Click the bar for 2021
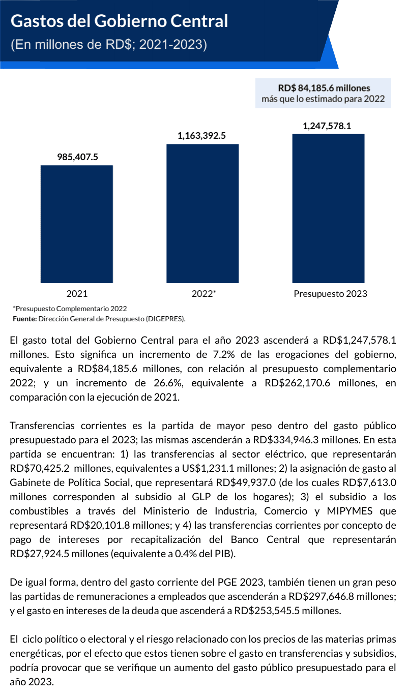pyautogui.click(x=77, y=224)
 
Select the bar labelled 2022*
pyautogui.click(x=202, y=214)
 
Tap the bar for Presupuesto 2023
pyautogui.click(x=328, y=208)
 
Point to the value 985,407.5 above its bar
pyautogui.click(x=77, y=157)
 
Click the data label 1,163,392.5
pyautogui.click(x=201, y=136)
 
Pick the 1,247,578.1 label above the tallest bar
pyautogui.click(x=327, y=126)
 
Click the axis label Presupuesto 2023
pyautogui.click(x=330, y=293)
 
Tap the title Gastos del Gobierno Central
pyautogui.click(x=120, y=21)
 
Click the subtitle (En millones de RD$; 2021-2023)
pyautogui.click(x=109, y=45)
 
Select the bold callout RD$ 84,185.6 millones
pyautogui.click(x=324, y=88)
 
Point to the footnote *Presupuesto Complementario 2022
pyautogui.click(x=70, y=309)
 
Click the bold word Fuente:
pyautogui.click(x=24, y=319)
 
